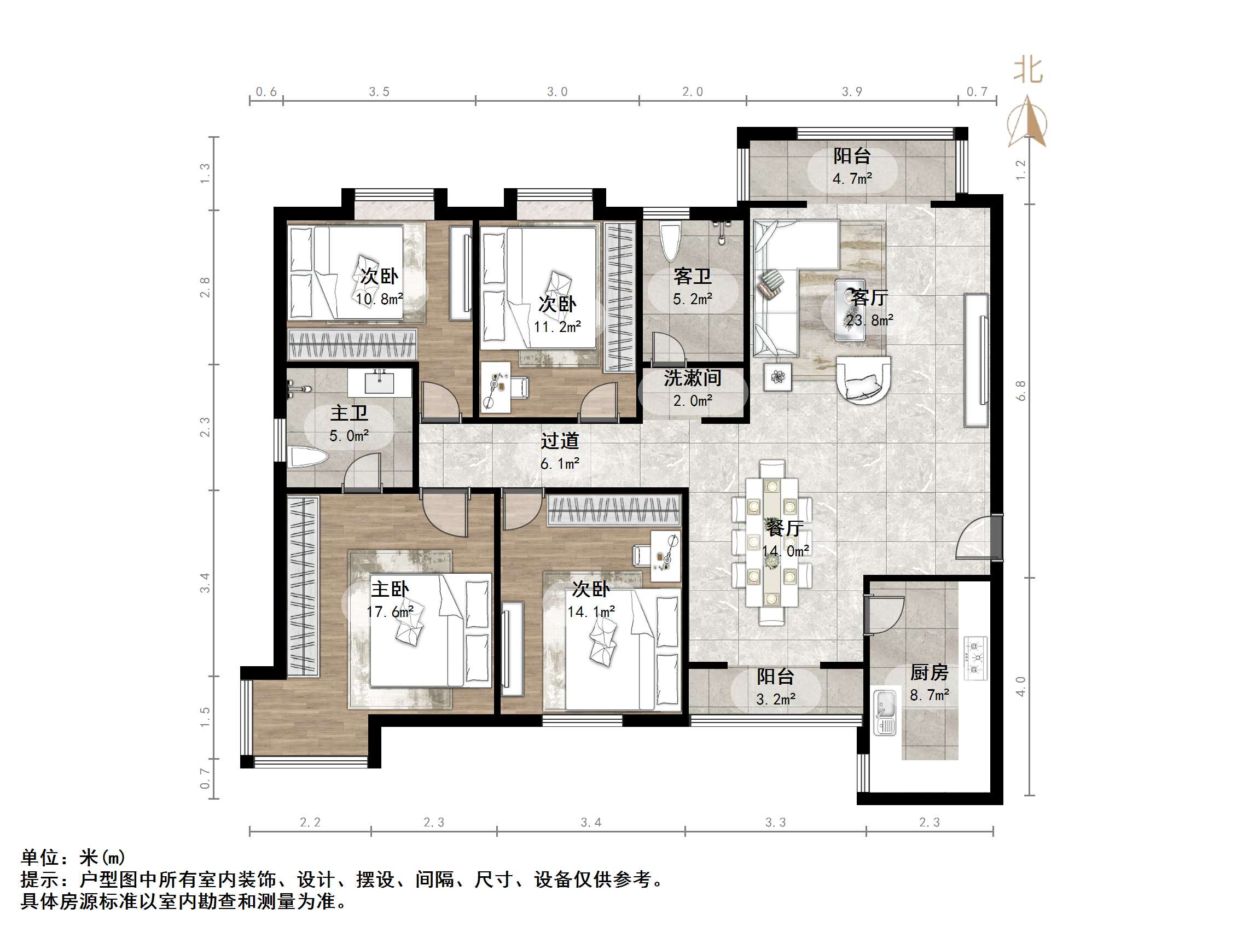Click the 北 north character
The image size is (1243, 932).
point(1028,71)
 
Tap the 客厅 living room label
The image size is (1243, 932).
point(869,297)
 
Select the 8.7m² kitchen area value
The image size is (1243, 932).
point(930,696)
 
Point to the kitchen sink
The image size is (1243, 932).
point(885,712)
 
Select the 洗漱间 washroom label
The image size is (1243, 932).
point(692,378)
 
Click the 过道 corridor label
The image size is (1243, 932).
point(560,441)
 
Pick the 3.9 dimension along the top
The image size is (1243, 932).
point(852,91)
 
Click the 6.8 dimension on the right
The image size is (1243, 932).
point(1021,391)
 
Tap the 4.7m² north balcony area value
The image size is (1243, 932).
point(852,179)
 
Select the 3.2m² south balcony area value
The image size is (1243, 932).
point(775,700)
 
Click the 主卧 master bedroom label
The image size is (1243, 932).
point(390,589)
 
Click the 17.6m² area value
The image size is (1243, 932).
point(390,612)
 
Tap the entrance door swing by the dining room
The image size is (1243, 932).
point(975,538)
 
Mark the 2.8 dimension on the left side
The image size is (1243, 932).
point(206,287)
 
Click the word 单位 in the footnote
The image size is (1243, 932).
point(40,857)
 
